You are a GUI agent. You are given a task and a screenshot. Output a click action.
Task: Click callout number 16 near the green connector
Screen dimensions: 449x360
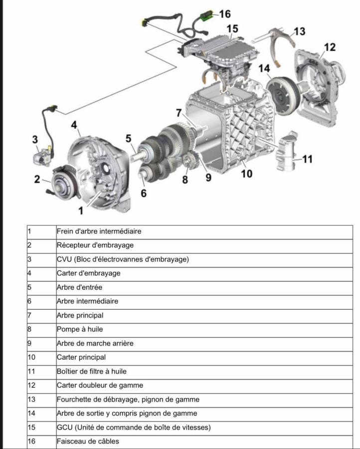[225, 13]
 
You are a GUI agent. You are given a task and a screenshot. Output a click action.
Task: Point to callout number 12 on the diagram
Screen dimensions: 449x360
[330, 47]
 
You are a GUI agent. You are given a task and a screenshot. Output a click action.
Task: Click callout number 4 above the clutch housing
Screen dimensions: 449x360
[74, 125]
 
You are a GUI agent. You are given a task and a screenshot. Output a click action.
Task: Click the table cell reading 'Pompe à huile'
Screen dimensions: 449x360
[80, 329]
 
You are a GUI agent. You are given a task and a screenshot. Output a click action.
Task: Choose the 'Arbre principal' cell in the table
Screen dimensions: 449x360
[80, 315]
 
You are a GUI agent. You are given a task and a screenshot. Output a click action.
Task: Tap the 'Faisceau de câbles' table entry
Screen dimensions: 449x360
[88, 441]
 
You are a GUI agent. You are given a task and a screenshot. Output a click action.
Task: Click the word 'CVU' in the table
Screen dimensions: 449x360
[64, 259]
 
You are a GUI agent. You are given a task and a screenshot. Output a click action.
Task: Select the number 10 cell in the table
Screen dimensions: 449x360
[32, 357]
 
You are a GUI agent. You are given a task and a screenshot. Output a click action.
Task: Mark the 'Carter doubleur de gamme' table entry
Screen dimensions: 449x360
[100, 385]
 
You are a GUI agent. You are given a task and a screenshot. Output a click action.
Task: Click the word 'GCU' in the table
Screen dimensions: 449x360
[64, 427]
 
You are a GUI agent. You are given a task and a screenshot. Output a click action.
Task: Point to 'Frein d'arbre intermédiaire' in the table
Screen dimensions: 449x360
[99, 231]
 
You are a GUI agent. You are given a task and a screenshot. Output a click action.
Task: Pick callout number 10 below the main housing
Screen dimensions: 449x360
[246, 174]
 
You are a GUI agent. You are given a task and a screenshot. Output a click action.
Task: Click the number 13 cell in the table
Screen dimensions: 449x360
[32, 399]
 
